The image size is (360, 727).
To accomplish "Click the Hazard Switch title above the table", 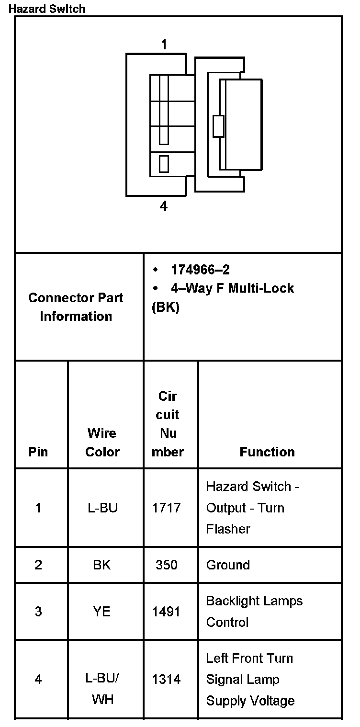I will [x=47, y=9].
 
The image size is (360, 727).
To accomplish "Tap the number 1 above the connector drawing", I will [x=164, y=45].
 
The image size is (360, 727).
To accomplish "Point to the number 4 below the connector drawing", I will [x=164, y=206].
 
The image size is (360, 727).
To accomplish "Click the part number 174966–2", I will [x=200, y=270].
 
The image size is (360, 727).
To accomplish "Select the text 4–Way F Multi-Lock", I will [x=232, y=288].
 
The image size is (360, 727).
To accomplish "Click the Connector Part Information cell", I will [x=76, y=307].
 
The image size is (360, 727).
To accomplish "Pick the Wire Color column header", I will [x=102, y=443].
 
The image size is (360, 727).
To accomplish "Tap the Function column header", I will [x=267, y=452].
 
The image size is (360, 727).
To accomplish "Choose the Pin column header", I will [x=38, y=452].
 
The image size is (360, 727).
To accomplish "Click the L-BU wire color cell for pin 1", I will [x=102, y=508].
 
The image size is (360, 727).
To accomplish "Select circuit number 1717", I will [x=167, y=508].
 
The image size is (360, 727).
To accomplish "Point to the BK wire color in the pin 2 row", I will [x=102, y=565].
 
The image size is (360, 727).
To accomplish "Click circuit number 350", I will [x=167, y=565].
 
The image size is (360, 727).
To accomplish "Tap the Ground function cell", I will [x=228, y=565].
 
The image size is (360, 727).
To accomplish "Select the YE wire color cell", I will [x=102, y=612].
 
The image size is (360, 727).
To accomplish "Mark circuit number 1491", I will [x=167, y=612].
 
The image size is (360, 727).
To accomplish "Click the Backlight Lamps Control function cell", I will [x=254, y=612].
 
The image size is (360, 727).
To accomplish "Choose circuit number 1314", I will [x=167, y=679].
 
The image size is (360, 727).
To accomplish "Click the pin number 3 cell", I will [x=38, y=612].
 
